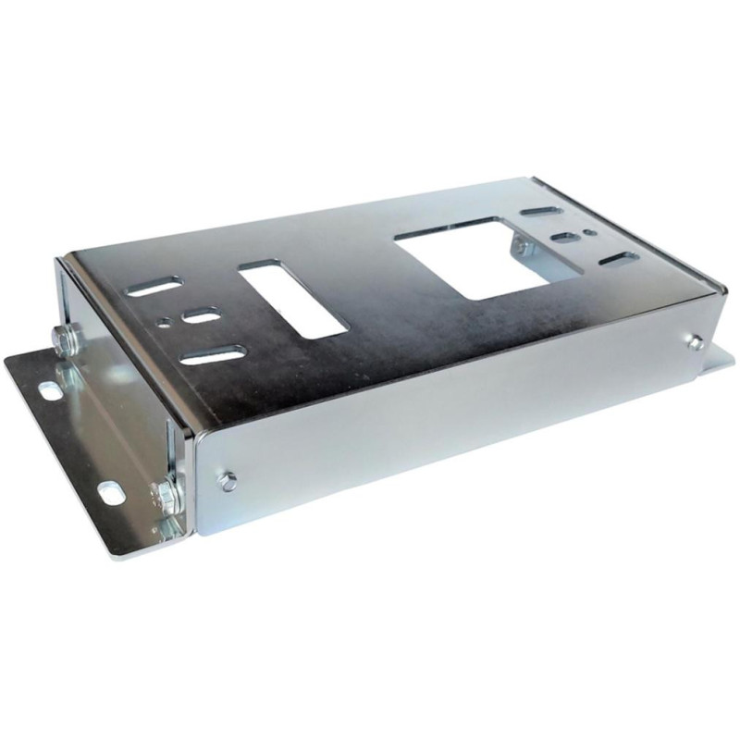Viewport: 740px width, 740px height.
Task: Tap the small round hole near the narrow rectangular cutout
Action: (x=165, y=323)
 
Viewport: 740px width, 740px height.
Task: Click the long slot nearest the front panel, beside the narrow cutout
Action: (x=214, y=355)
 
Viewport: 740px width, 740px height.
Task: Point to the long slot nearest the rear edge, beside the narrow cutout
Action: (x=155, y=288)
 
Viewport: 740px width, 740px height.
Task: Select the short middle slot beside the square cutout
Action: (x=563, y=239)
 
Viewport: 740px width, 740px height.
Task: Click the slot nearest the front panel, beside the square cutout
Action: (x=618, y=258)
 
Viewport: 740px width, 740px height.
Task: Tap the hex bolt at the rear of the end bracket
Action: (x=66, y=341)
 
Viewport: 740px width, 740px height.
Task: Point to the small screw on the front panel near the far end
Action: (x=695, y=341)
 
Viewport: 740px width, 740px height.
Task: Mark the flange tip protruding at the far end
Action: (x=721, y=357)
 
